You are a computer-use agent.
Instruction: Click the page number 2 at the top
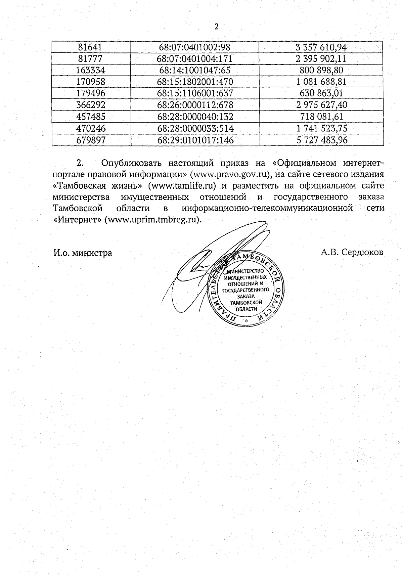click(216, 27)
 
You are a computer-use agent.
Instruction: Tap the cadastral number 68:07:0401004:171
click(195, 59)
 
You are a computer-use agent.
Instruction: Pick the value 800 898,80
click(322, 70)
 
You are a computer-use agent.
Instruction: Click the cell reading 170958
click(91, 82)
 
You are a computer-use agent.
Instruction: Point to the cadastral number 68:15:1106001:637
click(195, 93)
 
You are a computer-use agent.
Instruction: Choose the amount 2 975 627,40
click(321, 105)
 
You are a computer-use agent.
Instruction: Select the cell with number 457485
click(91, 117)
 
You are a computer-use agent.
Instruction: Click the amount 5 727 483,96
click(322, 140)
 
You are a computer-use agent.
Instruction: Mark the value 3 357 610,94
click(321, 47)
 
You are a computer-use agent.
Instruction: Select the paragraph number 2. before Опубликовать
click(80, 163)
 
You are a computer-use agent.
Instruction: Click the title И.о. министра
click(83, 253)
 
